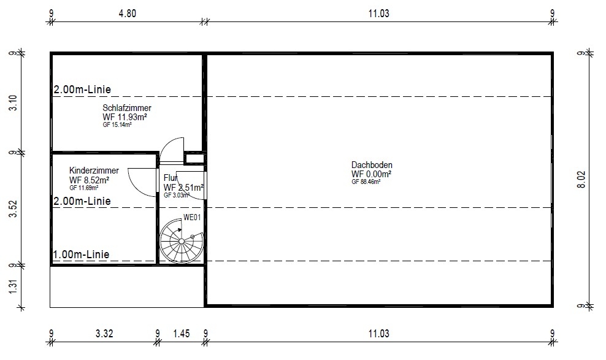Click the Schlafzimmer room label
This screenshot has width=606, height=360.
pos(127,108)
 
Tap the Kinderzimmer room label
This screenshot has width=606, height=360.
pos(94,170)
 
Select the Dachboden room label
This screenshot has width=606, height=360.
pos(372,165)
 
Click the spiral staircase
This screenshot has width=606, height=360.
pos(182,242)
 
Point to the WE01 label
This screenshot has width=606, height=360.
pos(192,218)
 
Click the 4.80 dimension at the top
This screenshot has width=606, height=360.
pos(127,13)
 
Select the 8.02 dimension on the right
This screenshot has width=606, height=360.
pos(581,180)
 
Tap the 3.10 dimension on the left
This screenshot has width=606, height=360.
pos(13,103)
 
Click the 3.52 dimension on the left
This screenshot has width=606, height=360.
pos(13,209)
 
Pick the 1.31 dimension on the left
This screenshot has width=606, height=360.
pos(13,286)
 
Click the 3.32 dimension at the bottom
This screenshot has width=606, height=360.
pos(104,334)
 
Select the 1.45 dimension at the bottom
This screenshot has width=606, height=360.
pos(182,334)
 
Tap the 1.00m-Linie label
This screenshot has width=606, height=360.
pos(81,255)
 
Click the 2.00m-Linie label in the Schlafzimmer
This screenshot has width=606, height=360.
pos(82,90)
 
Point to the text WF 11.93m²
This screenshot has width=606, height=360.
pos(125,117)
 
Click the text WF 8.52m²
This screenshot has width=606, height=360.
pos(89,180)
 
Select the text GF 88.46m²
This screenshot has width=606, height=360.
pos(366,182)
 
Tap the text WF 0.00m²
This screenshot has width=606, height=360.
pos(371,174)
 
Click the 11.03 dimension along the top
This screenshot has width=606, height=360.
pos(379,13)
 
